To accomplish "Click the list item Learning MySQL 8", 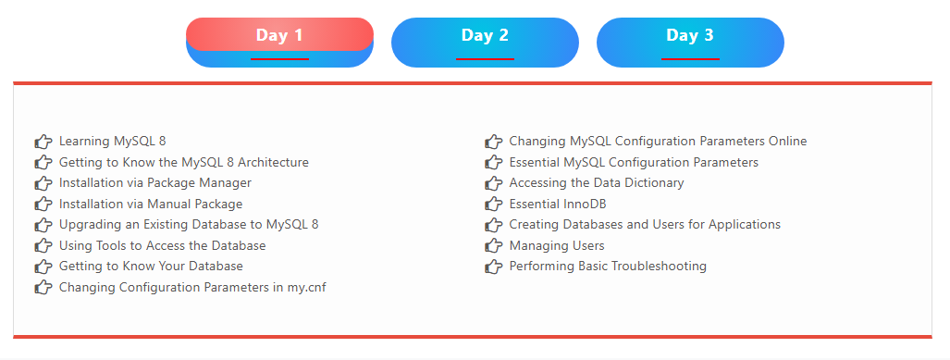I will coord(112,142).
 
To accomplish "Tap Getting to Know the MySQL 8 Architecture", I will coord(183,162).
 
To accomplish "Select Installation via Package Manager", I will coord(154,183).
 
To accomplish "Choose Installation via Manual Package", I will coord(150,204).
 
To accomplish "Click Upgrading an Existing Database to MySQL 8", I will coord(188,225).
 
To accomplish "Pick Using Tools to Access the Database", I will coord(162,246).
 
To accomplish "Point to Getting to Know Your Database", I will coord(151,267).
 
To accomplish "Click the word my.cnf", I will coord(305,288).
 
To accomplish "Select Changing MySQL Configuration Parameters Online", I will coord(658,142).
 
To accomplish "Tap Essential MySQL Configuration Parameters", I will coord(634,162).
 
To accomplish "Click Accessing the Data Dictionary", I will coord(597,183).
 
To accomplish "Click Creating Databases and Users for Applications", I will coord(645,225).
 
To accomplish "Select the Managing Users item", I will coord(557,246).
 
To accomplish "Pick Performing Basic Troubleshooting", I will coord(608,267).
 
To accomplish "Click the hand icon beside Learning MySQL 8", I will coord(43,142).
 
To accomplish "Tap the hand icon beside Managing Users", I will coord(493,246).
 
